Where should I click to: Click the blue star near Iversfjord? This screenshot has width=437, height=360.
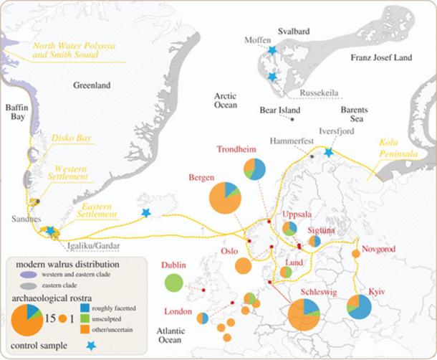328,152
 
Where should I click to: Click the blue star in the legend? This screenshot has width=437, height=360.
90,345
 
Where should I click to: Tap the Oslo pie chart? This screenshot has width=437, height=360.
244,266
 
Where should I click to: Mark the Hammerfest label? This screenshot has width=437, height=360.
290,141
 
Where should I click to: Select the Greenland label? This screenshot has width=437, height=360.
92,85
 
